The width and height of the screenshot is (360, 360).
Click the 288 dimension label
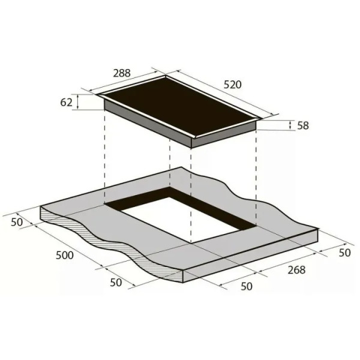click(122, 73)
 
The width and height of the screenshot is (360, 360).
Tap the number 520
click(233, 85)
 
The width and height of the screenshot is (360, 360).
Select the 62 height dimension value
click(67, 102)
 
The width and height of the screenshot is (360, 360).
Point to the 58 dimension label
click(303, 125)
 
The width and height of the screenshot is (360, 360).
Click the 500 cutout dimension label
click(65, 255)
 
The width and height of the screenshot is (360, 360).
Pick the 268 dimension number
click(296, 270)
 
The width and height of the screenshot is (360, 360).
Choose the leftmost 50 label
click(17, 222)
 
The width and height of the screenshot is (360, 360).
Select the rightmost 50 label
click(344, 253)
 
